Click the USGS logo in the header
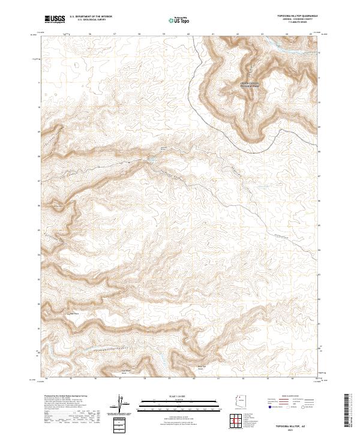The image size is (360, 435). coord(55,19)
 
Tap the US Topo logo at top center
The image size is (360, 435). coord(179,20)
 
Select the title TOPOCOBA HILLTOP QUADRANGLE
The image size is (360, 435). coord(292,16)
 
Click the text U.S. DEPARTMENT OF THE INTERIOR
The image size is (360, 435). coord(91,17)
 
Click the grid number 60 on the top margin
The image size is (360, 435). coord(188,34)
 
